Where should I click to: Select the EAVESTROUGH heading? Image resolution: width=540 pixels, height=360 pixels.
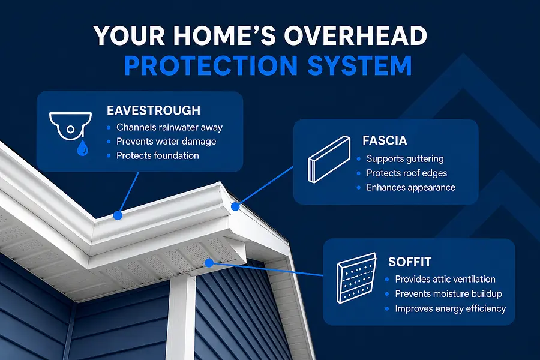[154, 110]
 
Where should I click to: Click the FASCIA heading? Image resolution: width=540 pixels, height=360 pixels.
[385, 140]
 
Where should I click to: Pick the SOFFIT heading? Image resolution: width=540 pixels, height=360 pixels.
[410, 262]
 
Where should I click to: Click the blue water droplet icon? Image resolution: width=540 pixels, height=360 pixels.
[82, 148]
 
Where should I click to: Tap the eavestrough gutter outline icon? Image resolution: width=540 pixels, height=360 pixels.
[70, 126]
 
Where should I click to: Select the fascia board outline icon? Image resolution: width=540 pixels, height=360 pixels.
[329, 159]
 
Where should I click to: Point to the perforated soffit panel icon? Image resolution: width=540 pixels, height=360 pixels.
[356, 278]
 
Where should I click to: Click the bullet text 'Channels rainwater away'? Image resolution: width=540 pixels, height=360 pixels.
[169, 127]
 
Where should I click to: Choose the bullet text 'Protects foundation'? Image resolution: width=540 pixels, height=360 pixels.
[158, 156]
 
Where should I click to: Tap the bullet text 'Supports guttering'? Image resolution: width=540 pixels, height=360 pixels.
[405, 159]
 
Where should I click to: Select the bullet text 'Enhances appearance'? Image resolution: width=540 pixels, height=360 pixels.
[411, 187]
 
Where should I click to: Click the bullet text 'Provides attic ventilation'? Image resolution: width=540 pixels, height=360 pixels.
[445, 279]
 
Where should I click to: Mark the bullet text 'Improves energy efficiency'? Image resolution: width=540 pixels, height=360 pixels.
[451, 308]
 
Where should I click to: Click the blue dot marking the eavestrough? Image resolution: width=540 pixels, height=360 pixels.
[118, 215]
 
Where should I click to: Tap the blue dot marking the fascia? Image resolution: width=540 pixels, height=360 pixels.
[235, 206]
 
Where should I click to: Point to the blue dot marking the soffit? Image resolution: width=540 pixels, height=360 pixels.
[209, 263]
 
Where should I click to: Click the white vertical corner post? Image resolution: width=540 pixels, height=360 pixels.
[181, 317]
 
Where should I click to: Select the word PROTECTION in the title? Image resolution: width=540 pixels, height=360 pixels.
[211, 65]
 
